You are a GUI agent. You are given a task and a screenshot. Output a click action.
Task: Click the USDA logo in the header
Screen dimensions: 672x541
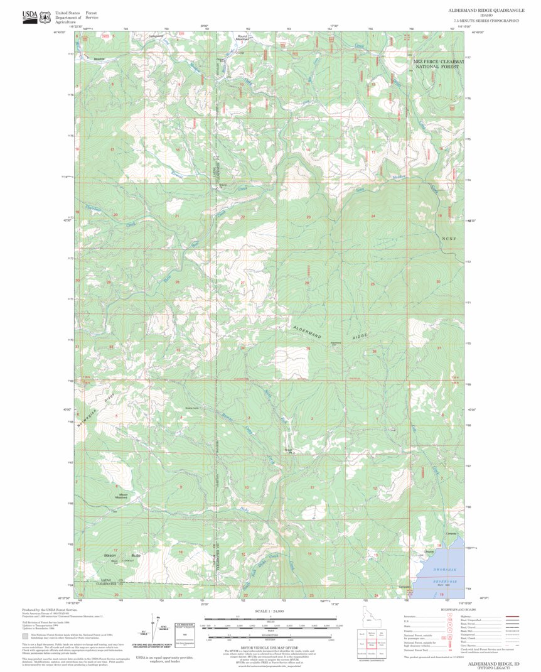(29, 17)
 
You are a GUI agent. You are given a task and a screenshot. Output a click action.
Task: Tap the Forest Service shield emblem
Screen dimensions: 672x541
(45, 17)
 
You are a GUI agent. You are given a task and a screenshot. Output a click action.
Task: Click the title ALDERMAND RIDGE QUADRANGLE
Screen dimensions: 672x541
(484, 11)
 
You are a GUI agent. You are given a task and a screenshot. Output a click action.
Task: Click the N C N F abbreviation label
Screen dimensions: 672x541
(446, 238)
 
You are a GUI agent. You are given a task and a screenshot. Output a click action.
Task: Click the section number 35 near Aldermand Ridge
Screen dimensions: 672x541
(308, 348)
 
